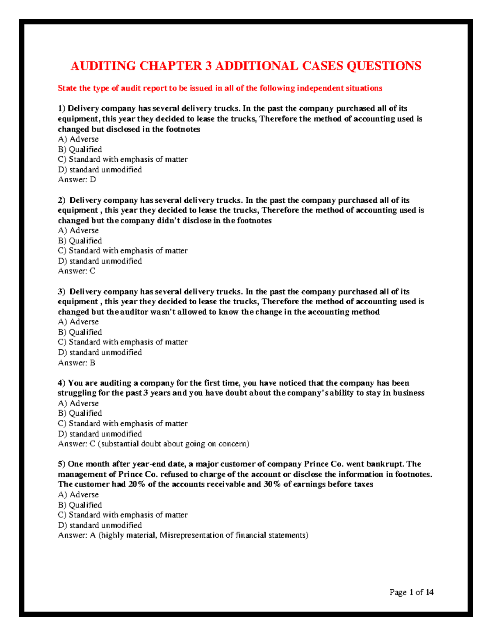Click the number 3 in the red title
tap(208, 66)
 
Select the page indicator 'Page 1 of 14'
tap(411, 592)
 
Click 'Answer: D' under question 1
tap(77, 179)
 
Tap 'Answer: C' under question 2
tap(77, 271)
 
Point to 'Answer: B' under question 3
tap(77, 362)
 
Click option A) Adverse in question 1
tap(78, 139)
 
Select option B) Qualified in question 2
tap(80, 241)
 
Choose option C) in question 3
tap(123, 342)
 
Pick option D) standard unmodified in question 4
tap(100, 434)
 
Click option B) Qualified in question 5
tap(80, 505)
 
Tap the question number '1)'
tap(61, 109)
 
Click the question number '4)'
tap(61, 383)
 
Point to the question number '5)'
tap(61, 464)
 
